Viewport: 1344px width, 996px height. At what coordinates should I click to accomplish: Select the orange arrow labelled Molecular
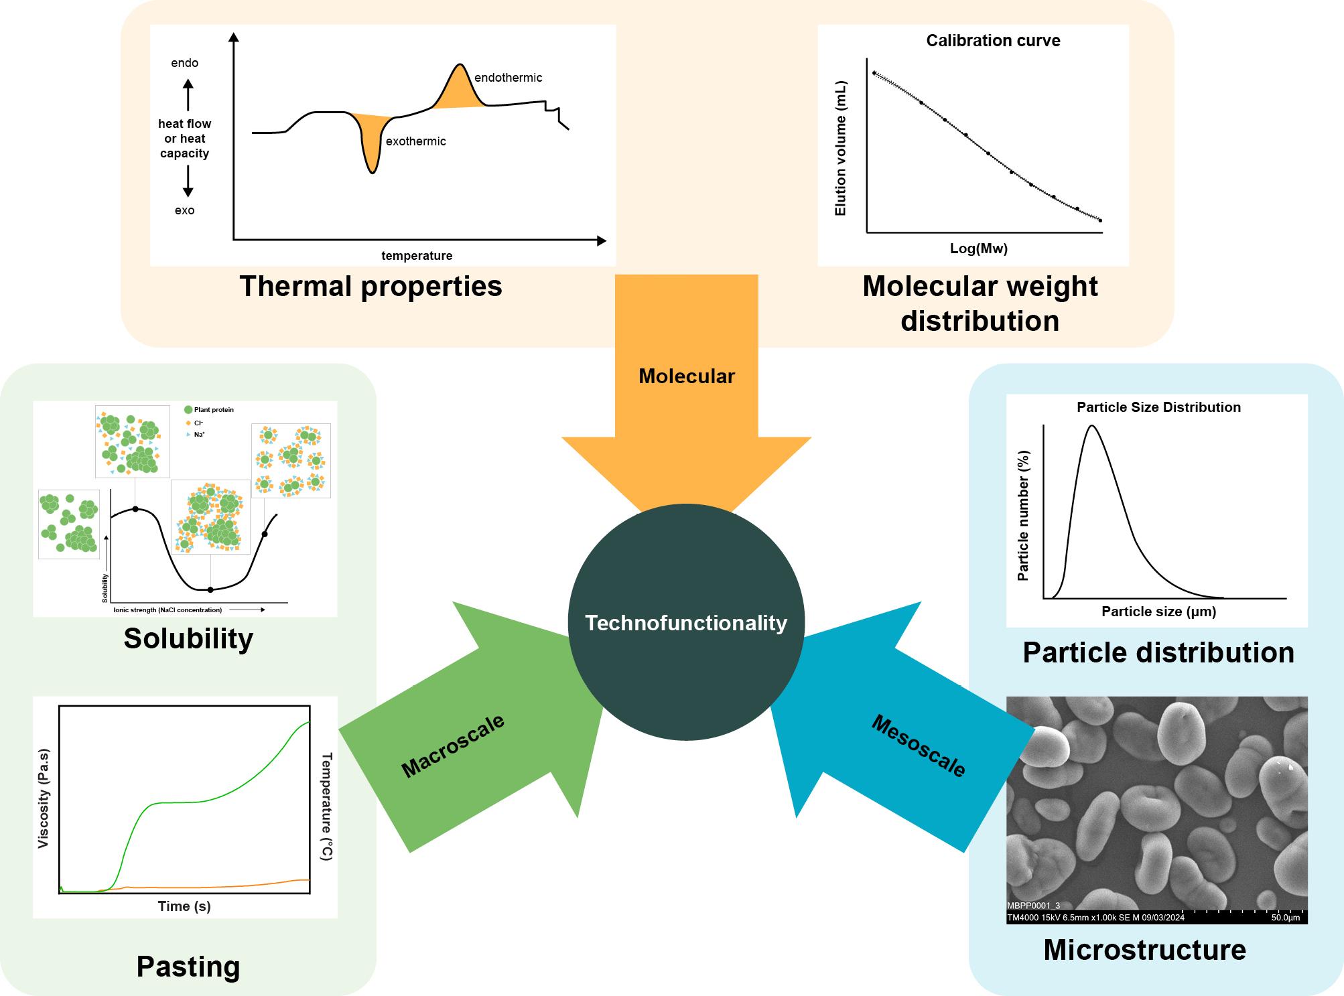coord(686,402)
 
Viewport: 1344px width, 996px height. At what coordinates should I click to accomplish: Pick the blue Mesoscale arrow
coord(898,730)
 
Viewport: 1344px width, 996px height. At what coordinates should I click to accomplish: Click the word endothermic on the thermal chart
coord(508,78)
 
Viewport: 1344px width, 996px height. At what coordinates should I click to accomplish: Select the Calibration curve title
coord(993,41)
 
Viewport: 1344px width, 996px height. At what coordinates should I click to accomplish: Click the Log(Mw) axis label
coord(978,248)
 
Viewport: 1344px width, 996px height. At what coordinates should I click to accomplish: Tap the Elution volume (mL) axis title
coord(840,149)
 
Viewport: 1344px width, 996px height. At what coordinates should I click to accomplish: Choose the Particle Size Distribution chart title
coord(1158,407)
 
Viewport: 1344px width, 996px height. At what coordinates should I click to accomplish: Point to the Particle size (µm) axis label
coord(1158,611)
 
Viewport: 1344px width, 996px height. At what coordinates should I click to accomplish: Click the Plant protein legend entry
coord(213,409)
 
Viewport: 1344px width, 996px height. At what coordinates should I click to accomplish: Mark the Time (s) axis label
coord(184,906)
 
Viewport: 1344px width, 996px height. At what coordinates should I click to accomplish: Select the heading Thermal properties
coord(371,286)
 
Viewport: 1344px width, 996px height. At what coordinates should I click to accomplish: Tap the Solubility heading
coord(188,638)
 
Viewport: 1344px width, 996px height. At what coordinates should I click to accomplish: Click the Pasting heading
coord(188,967)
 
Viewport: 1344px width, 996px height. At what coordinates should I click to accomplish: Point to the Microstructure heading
coord(1144,950)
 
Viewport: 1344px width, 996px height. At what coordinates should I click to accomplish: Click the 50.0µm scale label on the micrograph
coord(1285,918)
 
